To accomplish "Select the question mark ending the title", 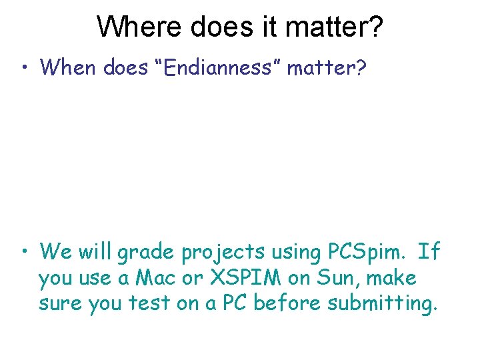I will click(x=375, y=27).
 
